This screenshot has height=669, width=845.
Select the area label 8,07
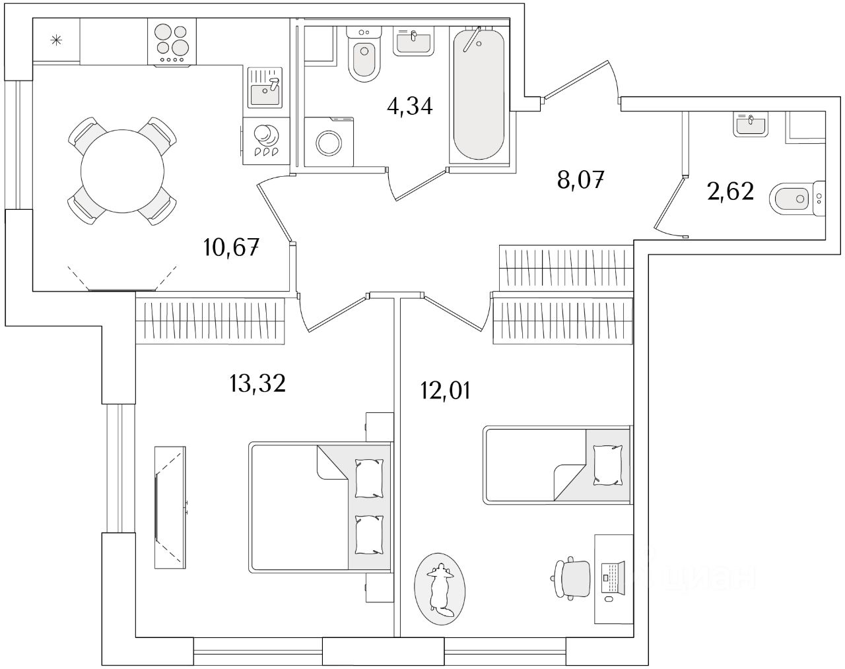pos(582,179)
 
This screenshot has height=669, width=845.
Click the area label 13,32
pos(257,383)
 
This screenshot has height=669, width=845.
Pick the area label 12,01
pos(445,391)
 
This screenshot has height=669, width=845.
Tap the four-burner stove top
pos(172,40)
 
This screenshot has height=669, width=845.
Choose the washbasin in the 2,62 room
pos(751,125)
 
